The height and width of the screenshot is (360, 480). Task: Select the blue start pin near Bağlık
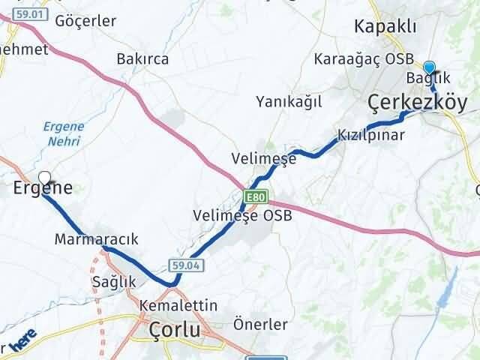point(429,67)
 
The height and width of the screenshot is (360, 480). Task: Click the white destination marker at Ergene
point(45,178)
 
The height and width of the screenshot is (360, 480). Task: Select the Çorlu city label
point(175,330)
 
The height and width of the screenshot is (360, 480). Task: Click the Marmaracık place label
point(97,239)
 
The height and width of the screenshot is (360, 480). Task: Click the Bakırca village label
point(142,58)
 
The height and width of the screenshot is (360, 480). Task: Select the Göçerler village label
point(85,21)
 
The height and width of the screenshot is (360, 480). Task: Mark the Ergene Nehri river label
point(63,133)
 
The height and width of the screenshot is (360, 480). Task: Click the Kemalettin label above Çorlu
point(178,306)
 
